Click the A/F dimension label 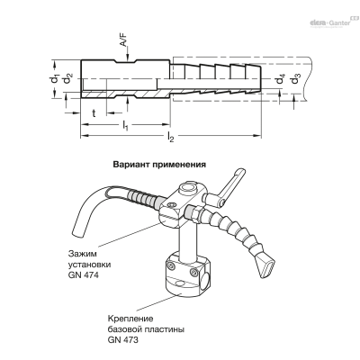click(x=124, y=40)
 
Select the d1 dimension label click(x=54, y=78)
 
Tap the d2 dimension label click(x=67, y=79)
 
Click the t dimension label click(x=94, y=113)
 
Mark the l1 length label click(x=125, y=126)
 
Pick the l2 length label click(x=170, y=137)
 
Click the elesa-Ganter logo click(x=332, y=22)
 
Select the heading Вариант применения click(x=159, y=165)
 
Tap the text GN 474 click(x=83, y=275)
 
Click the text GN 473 click(x=123, y=340)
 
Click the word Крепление click(x=130, y=319)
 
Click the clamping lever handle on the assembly click(x=233, y=184)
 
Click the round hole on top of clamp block click(x=188, y=189)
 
